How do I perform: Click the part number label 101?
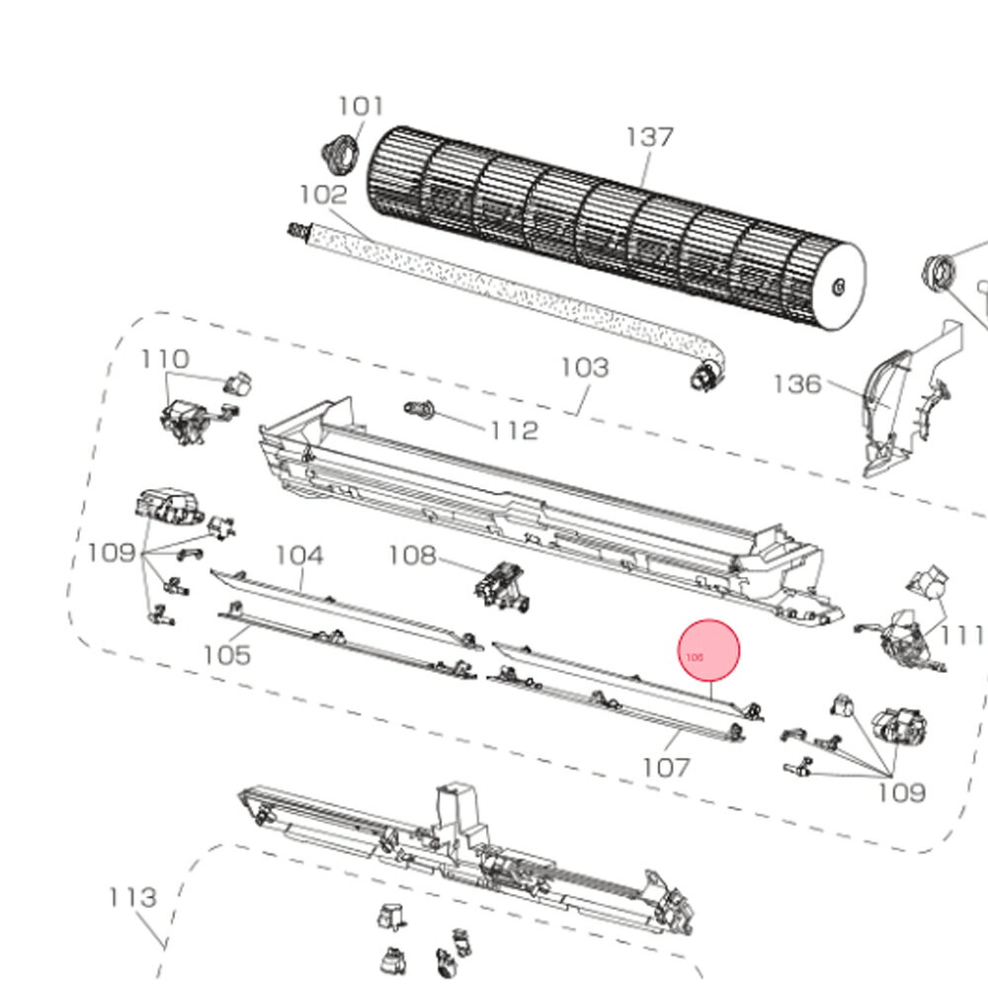pyautogui.click(x=361, y=106)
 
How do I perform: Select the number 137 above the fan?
pyautogui.click(x=649, y=137)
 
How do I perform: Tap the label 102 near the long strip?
pyautogui.click(x=323, y=195)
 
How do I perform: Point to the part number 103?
pyautogui.click(x=585, y=368)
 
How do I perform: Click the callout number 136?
pyautogui.click(x=797, y=383)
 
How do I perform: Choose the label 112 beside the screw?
pyautogui.click(x=514, y=431)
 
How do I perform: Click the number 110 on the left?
pyautogui.click(x=165, y=359)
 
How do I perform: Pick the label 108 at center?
pyautogui.click(x=412, y=555)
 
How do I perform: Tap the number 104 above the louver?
pyautogui.click(x=298, y=555)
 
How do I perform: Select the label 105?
pyautogui.click(x=227, y=654)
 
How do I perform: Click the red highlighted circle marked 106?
pyautogui.click(x=708, y=652)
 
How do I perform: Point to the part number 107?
pyautogui.click(x=666, y=767)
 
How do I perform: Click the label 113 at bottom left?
pyautogui.click(x=132, y=897)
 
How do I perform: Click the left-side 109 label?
pyautogui.click(x=111, y=551)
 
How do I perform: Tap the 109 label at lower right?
pyautogui.click(x=901, y=791)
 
